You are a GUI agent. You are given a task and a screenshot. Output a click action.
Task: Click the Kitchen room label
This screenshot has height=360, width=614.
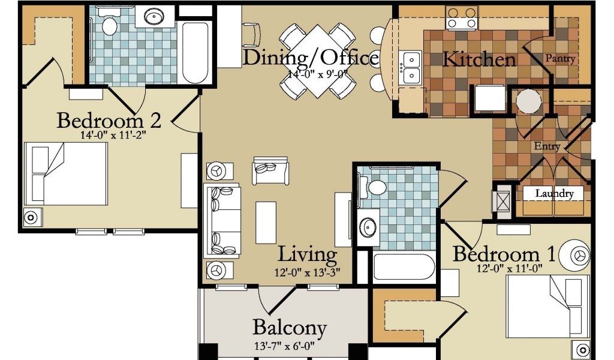tap(479, 60)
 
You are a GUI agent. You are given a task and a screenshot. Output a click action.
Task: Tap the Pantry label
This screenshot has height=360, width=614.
tap(561, 58)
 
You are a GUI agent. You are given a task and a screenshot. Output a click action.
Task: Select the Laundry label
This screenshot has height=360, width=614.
tap(555, 193)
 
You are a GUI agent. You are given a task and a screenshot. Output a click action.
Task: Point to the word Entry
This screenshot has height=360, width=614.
tap(547, 146)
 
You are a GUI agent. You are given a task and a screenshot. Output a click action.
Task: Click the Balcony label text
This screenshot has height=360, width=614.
tap(290, 328)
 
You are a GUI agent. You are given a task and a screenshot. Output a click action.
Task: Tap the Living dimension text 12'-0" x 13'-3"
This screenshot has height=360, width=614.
tap(308, 271)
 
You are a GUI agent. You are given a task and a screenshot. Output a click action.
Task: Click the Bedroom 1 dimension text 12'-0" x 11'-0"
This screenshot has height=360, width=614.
tap(510, 269)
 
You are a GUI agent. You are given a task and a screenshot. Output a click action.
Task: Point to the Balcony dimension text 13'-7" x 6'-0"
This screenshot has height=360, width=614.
tap(284, 346)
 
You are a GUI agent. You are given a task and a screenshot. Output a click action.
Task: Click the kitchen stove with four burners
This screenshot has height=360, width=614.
tap(462, 18)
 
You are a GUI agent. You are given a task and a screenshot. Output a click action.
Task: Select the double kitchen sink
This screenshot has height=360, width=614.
tap(410, 67)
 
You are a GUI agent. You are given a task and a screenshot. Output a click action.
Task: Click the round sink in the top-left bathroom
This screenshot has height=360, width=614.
tap(154, 16)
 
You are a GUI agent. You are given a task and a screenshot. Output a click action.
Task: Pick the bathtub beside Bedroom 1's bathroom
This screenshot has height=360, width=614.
tap(404, 267)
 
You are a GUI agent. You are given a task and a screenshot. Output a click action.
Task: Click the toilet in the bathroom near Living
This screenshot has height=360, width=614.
tap(374, 187)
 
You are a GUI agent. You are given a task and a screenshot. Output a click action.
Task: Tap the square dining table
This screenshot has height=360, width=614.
tap(318, 61)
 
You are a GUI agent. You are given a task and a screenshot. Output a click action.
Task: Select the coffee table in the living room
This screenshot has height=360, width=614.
tap(266, 223)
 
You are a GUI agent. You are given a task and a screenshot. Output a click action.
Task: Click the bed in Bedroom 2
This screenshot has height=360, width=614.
tap(66, 173)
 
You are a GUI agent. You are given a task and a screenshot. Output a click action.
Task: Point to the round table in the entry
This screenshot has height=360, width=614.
tap(529, 101)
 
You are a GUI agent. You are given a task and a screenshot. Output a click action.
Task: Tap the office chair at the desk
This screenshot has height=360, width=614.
tap(251, 33)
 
